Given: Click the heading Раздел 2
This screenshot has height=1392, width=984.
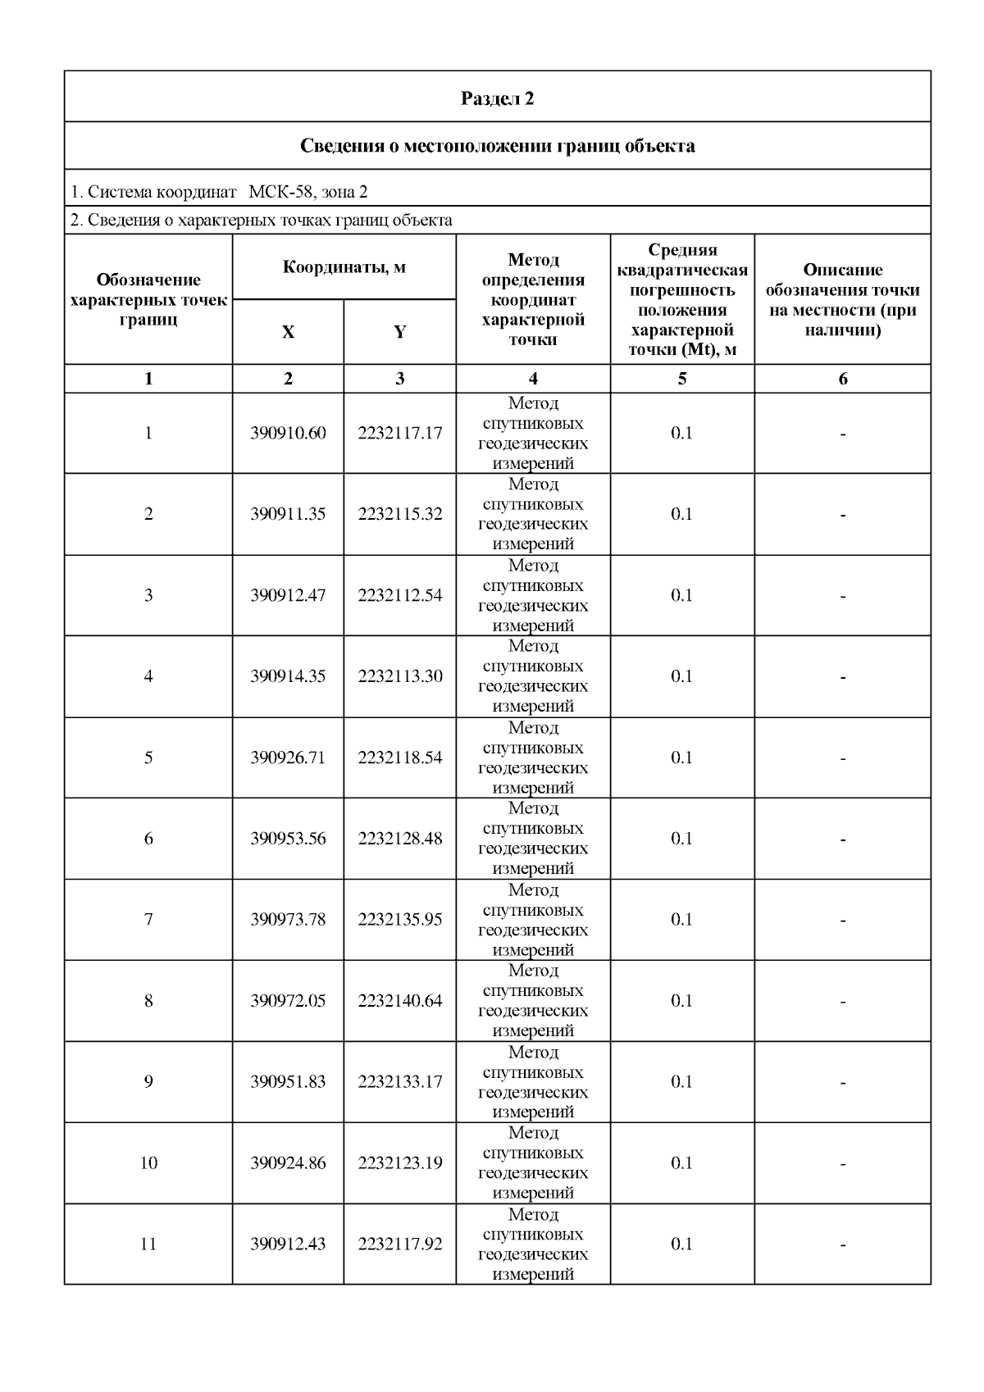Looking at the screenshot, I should click(497, 98).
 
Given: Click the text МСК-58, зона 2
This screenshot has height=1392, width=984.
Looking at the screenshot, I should click(307, 192).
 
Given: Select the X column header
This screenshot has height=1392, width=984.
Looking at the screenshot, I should click(288, 332).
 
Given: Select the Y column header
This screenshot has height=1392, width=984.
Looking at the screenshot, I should click(399, 332).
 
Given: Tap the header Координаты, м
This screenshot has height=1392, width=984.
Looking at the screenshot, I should click(344, 267).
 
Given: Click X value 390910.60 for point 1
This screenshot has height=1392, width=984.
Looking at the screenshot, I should click(288, 433).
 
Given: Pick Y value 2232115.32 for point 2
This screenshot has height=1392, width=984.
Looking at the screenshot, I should click(399, 514).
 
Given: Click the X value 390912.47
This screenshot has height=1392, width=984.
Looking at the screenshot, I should click(288, 595).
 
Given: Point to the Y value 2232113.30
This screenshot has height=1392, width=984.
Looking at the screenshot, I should click(399, 676).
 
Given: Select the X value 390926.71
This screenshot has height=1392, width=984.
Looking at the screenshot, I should click(288, 757).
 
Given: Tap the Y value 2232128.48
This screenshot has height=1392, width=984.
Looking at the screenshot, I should click(399, 839).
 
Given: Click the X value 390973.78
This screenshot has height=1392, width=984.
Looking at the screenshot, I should click(288, 920).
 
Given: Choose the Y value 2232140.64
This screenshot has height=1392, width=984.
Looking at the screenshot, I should click(399, 1001).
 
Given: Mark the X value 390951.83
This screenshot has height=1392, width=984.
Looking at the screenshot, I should click(288, 1082).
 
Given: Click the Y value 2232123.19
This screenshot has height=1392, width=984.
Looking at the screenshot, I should click(399, 1163).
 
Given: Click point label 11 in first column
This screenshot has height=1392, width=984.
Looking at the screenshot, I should click(148, 1244).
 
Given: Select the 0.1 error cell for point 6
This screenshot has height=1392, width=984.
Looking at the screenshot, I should click(681, 839).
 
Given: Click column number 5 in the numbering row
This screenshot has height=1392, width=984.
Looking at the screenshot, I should click(681, 379).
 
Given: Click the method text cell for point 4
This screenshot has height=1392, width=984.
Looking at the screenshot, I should click(533, 676).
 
